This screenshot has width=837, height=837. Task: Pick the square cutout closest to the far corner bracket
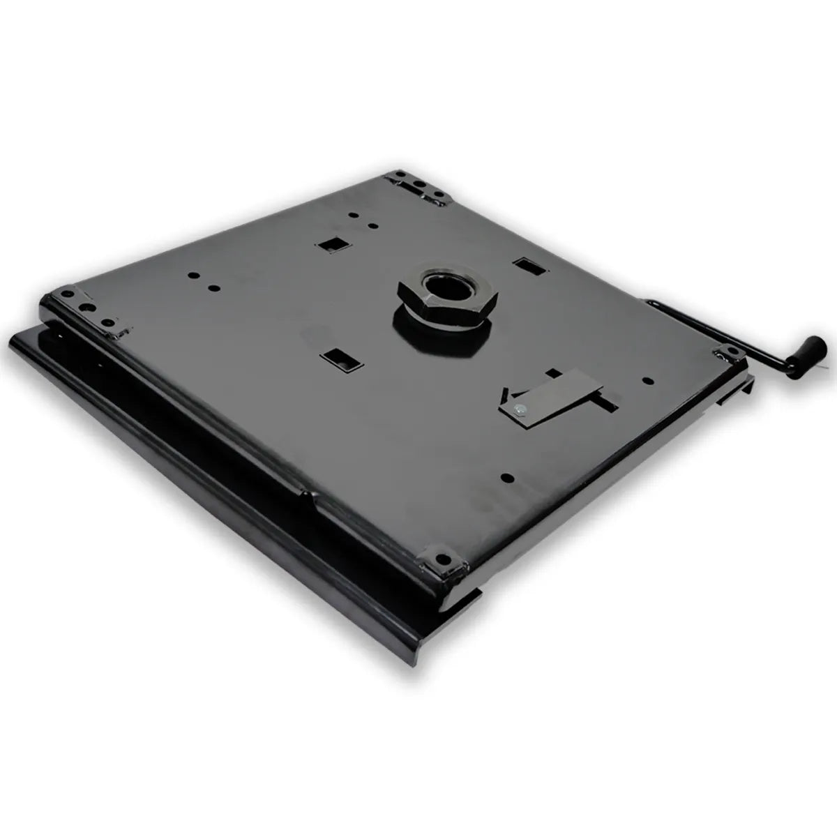click(331, 245)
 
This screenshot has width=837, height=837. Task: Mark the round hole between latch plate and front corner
click(507, 478)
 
